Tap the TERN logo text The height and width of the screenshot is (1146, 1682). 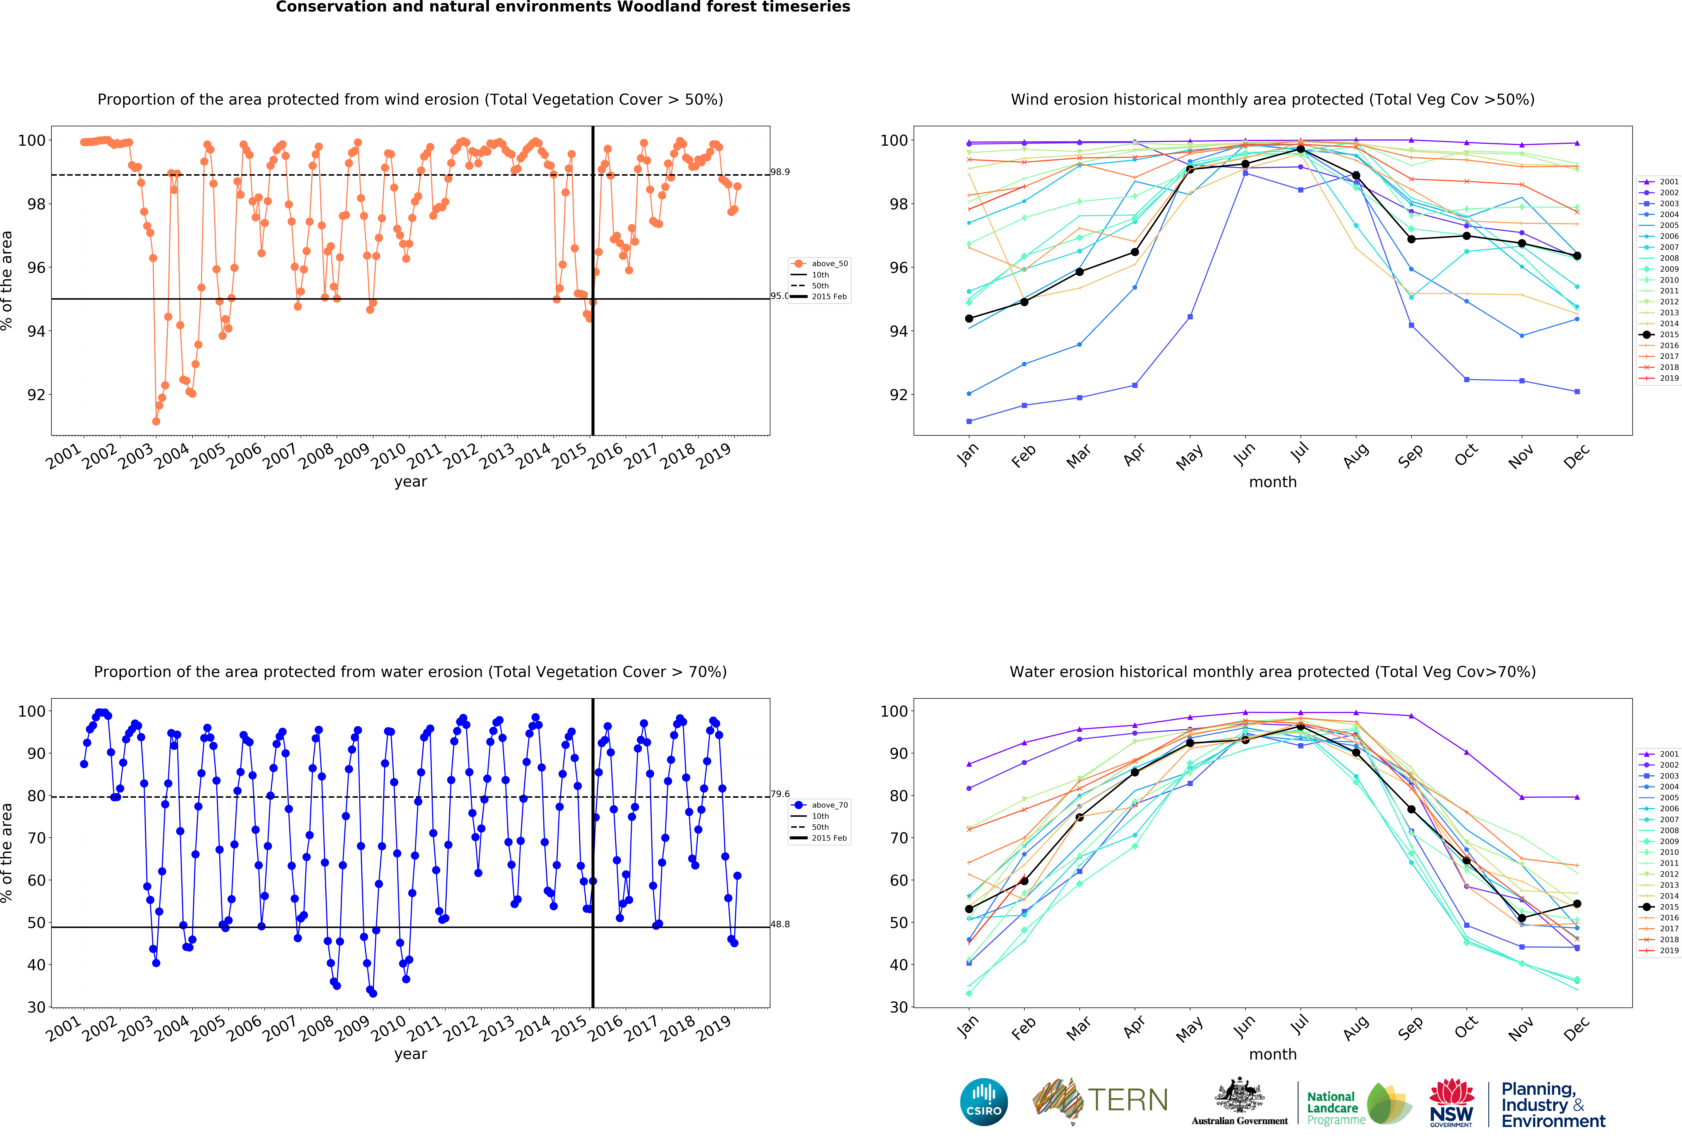coord(1128,1100)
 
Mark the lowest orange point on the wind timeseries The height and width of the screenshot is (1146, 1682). coord(156,421)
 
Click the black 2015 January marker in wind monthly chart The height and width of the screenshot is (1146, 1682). coord(969,318)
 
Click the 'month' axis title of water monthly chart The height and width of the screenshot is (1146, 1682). coord(1272,1054)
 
